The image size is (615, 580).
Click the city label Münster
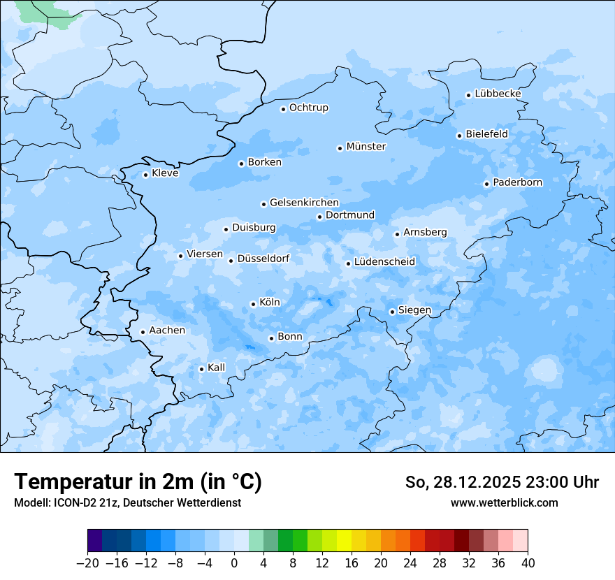click(366, 147)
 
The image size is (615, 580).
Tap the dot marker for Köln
click(253, 304)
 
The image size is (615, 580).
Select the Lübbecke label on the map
click(498, 94)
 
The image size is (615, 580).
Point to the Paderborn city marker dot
click(486, 184)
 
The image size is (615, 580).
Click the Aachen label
click(167, 331)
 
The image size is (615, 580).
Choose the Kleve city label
click(165, 173)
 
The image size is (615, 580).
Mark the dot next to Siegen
click(392, 312)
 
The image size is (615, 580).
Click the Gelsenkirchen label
click(304, 203)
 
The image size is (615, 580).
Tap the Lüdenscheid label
click(384, 262)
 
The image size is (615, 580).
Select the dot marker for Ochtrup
click(283, 108)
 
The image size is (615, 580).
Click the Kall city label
click(217, 368)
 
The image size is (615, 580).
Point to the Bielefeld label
click(486, 133)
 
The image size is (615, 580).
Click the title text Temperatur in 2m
click(138, 482)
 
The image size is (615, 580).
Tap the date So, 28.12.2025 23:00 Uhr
click(502, 482)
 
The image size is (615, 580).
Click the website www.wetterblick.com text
click(504, 502)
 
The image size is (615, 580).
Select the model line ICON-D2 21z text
click(127, 502)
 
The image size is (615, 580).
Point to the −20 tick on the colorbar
click(88, 563)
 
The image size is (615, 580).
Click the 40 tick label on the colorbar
click(528, 563)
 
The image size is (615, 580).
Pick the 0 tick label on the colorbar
click(234, 563)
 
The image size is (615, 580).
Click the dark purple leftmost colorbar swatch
click(95, 541)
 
